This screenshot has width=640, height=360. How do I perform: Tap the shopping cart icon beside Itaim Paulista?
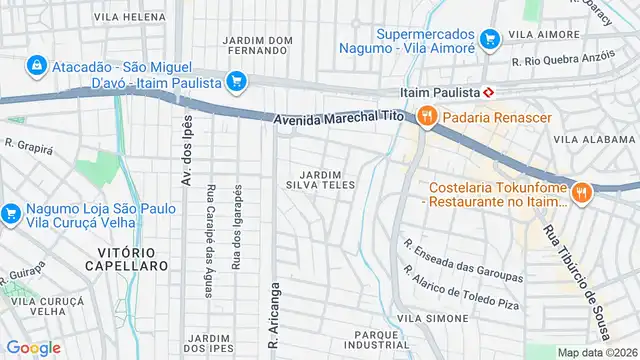236,81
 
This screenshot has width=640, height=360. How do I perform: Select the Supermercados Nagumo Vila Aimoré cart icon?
489,39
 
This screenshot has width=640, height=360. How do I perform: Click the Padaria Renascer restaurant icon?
427,117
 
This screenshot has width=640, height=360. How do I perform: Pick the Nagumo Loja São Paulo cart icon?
11,213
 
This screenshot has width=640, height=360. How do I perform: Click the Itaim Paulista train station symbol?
487,91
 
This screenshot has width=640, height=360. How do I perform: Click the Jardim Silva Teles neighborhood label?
321,179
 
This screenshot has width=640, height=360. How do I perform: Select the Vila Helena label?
129,17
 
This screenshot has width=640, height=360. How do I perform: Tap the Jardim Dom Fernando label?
258,44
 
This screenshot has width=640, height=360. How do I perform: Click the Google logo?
33,347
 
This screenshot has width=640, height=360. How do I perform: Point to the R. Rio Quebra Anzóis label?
562,60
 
